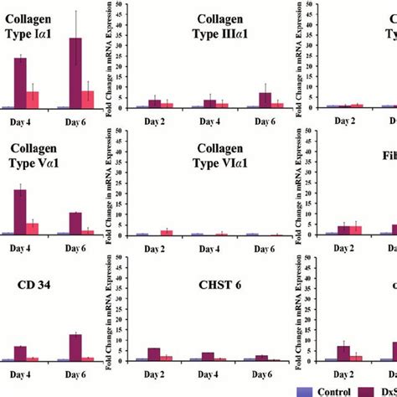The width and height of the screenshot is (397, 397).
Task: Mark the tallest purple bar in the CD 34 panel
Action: pyautogui.click(x=75, y=348)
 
